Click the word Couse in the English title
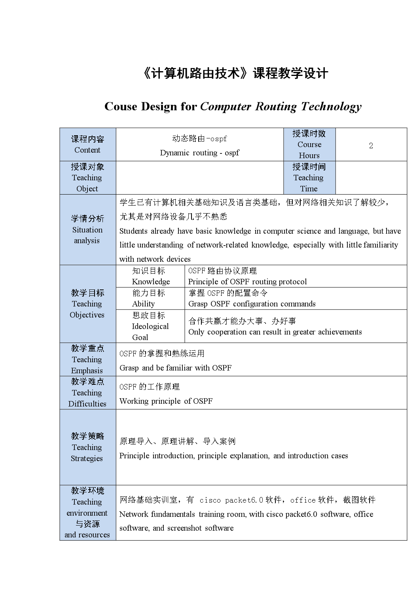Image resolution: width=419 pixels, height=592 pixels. coord(121,106)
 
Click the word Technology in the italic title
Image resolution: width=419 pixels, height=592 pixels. coord(331,106)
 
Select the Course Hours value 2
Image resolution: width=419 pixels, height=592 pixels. coord(371,146)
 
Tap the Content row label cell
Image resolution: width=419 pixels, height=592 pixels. coord(87,144)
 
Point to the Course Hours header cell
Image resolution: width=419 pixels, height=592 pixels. coord(309,144)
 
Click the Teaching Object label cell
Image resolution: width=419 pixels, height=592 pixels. coord(87,178)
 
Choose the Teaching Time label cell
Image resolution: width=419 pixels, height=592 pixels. coord(309,178)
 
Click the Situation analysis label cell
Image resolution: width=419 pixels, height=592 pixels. coord(87,229)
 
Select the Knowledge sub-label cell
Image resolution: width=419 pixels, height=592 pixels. coord(150,276)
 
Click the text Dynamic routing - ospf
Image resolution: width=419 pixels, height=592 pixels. coord(199,153)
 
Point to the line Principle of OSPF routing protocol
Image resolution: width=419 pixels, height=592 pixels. coord(247,282)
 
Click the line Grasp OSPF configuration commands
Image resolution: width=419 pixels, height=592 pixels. coord(252,304)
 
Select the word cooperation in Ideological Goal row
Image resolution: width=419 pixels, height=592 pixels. coord(227,332)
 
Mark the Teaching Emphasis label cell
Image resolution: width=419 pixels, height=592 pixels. coord(87,359)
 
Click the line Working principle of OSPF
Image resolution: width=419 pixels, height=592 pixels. coord(166,401)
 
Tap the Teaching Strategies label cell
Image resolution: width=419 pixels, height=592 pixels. coord(87,447)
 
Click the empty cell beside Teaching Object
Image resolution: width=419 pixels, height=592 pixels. coord(199,178)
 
